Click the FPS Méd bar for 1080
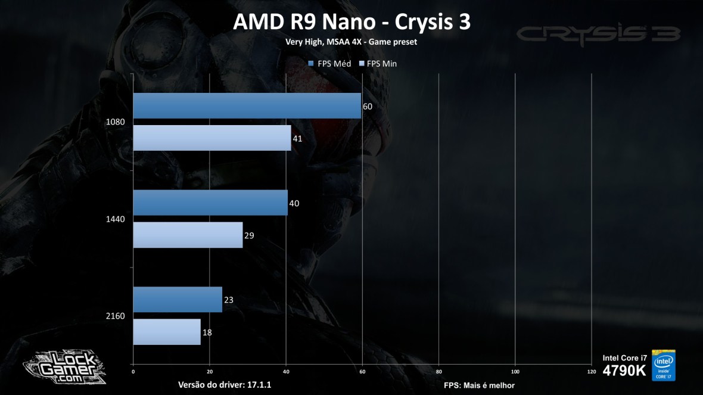pos(247,105)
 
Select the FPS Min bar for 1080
pos(211,138)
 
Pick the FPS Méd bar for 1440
pos(210,203)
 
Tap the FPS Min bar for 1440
pos(188,235)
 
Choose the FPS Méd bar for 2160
pos(178,300)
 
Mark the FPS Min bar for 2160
pos(167,332)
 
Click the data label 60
pos(368,106)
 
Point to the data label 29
pos(249,235)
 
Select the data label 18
pos(207,332)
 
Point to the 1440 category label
pos(115,219)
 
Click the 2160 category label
pos(115,316)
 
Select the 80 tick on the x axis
pos(438,372)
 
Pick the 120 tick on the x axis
pos(590,372)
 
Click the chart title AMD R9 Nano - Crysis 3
pos(351,22)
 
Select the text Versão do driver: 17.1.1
pos(225,385)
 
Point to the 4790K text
pos(624,371)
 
